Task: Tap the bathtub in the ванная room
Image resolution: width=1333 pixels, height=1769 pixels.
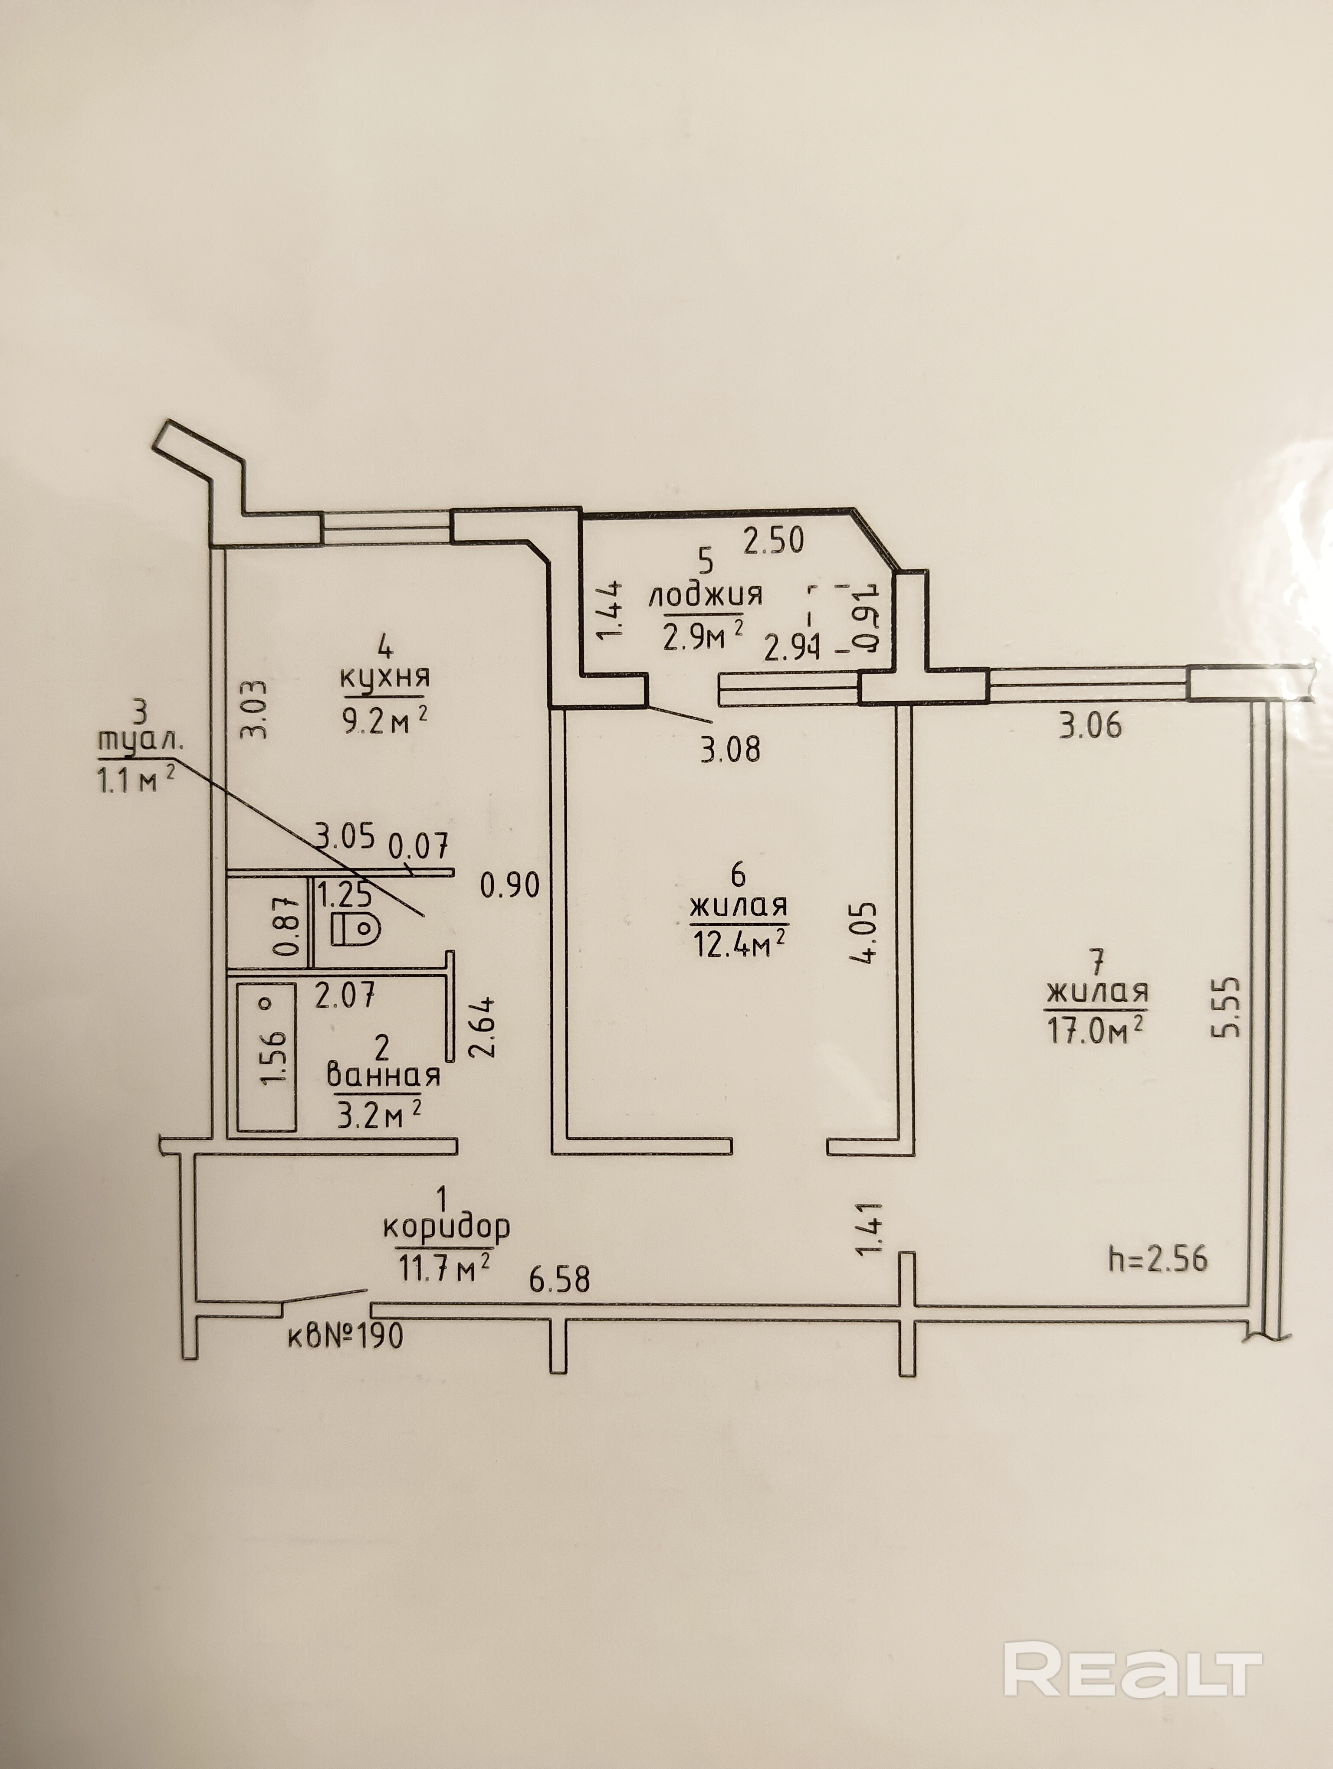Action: click(x=266, y=1057)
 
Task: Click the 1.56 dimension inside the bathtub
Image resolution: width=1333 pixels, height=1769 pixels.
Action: click(x=274, y=1057)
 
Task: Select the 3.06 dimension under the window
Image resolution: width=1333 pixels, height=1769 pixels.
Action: click(x=1090, y=726)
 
